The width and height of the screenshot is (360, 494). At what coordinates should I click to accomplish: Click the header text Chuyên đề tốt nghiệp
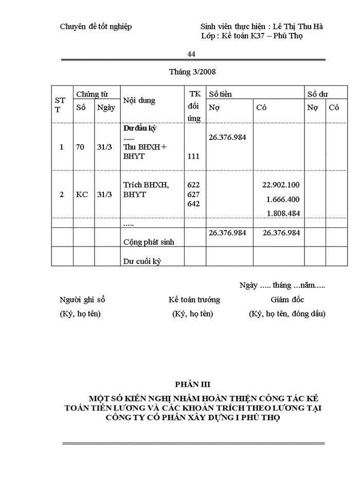pos(96,26)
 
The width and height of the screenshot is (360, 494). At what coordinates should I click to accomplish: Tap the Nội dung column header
pos(139,101)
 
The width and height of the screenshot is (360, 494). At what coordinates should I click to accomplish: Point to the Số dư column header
pos(318,94)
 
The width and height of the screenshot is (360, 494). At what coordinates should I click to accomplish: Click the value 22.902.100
pos(281,185)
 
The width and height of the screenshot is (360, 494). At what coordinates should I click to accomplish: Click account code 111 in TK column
pos(194,156)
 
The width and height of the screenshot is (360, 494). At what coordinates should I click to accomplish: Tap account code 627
pos(194,195)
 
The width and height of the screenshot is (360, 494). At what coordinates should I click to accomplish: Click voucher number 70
pos(80,147)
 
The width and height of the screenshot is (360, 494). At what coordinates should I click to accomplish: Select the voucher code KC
pos(82,195)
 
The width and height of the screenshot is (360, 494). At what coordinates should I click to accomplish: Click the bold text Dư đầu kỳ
pos(139,129)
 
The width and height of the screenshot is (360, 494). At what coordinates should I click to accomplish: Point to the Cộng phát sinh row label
pos(149,242)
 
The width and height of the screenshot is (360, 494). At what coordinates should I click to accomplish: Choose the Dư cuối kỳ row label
pos(142,261)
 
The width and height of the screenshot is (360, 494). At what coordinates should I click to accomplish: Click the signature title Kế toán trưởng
pos(194,299)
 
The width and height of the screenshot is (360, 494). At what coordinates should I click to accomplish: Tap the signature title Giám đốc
pos(287,299)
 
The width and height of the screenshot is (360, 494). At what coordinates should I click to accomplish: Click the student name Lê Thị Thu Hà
pos(298,26)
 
